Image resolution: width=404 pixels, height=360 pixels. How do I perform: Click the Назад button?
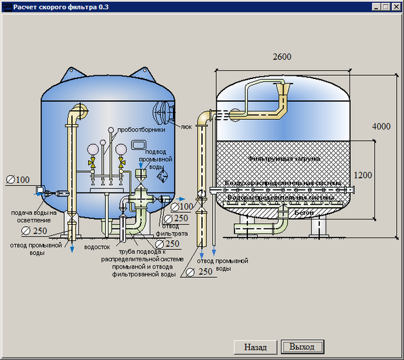pyautogui.click(x=255, y=347)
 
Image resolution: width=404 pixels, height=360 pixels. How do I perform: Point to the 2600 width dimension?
pyautogui.click(x=282, y=57)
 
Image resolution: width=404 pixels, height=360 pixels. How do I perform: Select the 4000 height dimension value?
pyautogui.click(x=381, y=127)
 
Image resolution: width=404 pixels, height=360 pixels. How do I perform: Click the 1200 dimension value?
pyautogui.click(x=364, y=175)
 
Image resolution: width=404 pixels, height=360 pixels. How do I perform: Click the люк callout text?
pyautogui.click(x=186, y=127)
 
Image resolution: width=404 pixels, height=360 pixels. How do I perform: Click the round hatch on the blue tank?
pyautogui.click(x=163, y=112)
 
